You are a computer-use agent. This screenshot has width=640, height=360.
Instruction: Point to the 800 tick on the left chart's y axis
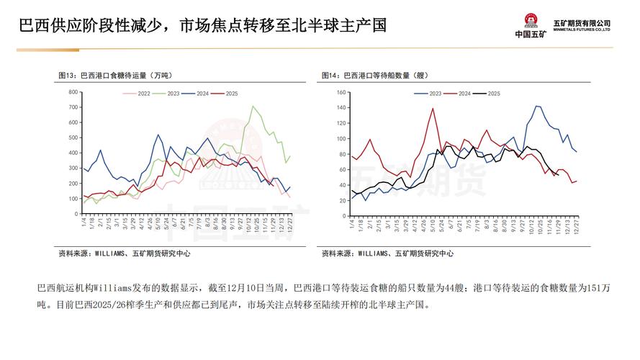coord(73,92)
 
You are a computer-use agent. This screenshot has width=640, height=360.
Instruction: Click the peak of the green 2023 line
coord(253,107)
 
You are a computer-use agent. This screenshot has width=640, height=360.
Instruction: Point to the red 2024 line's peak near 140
coord(433,109)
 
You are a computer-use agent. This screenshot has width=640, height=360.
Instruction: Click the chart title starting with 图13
coord(117,75)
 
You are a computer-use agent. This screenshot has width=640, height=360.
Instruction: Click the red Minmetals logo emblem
coord(531,21)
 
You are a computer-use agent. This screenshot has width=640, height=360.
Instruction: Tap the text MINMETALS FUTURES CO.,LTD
coord(582,30)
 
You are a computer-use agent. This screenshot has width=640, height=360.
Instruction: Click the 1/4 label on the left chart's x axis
coord(84,225)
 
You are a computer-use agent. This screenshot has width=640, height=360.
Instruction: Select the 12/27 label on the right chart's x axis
coord(576,226)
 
